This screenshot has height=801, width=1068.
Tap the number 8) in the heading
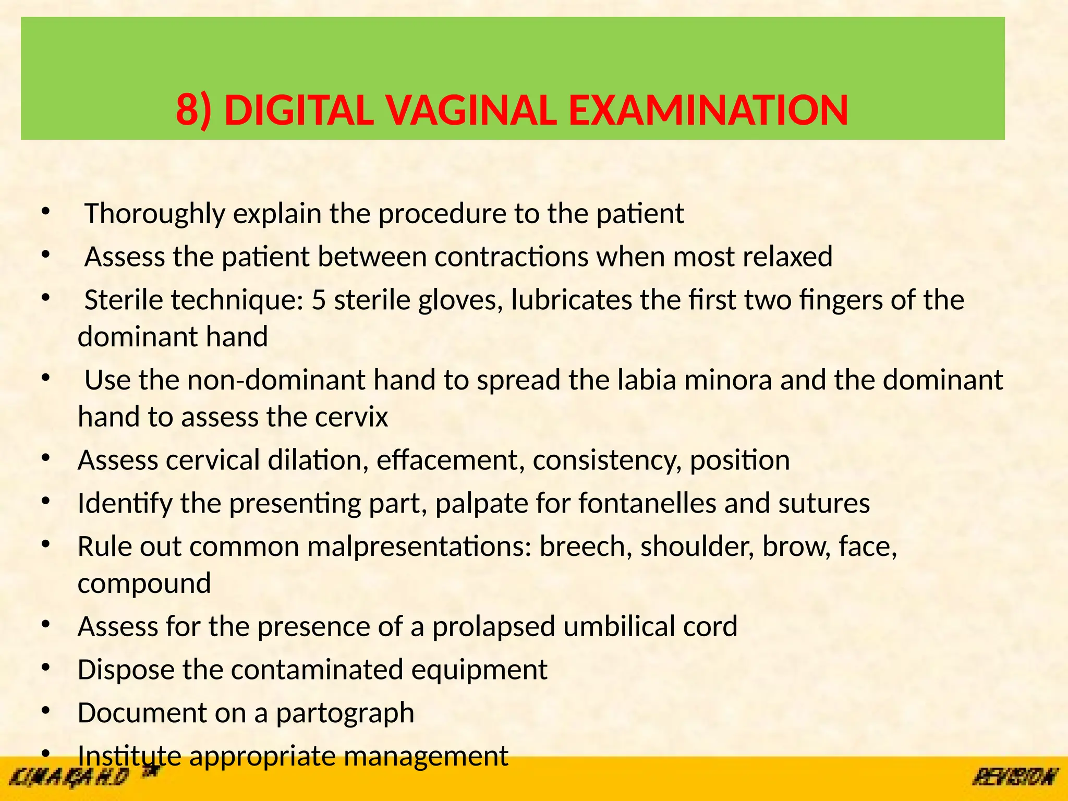coord(194,111)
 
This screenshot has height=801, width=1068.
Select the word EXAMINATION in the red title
coord(708,111)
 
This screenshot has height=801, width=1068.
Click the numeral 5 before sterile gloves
coord(319,300)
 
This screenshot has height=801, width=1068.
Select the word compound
coord(144,583)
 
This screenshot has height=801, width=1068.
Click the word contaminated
coord(317,670)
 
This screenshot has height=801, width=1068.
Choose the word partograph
coord(345,713)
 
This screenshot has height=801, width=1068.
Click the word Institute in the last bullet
coord(129,756)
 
